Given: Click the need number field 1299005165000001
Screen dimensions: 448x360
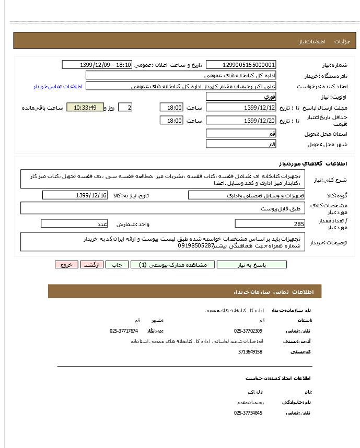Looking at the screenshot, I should point(241,65).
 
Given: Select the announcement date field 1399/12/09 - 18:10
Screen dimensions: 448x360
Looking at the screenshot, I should point(98,65).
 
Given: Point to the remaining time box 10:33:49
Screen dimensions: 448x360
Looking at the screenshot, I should point(85,108).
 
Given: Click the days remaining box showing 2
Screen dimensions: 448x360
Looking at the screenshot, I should point(125,108).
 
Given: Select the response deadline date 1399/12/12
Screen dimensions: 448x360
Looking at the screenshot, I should point(241,108).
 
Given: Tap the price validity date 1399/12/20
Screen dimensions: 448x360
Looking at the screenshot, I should point(241,121).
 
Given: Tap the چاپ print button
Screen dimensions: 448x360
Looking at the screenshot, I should point(117,265).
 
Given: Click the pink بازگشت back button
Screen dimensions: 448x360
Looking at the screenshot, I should point(91,265).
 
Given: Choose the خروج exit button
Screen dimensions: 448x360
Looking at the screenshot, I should point(66,265).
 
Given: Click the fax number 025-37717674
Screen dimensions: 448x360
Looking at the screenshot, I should point(124,331).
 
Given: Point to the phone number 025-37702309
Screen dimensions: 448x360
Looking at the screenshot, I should point(248,331).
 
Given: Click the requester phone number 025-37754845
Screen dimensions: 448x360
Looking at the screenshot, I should point(248,412).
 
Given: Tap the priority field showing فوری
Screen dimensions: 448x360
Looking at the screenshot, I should point(241,97).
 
